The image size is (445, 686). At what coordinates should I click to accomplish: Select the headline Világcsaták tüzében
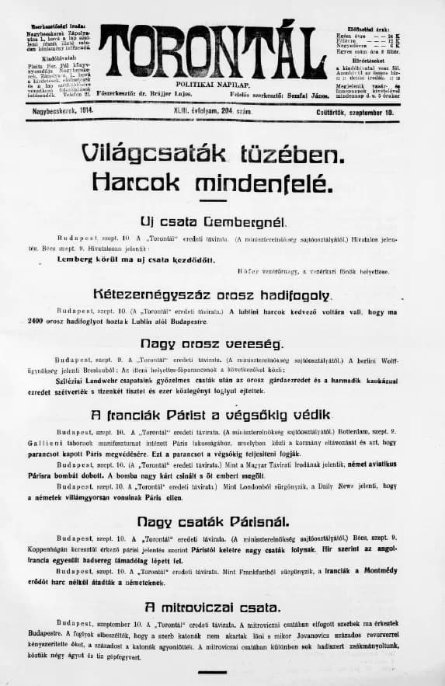(x=212, y=155)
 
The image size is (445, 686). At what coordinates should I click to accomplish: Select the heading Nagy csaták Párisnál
(x=212, y=521)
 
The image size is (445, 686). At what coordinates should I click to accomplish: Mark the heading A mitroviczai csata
(x=212, y=607)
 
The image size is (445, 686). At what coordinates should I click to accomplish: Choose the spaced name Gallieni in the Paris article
(x=76, y=439)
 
